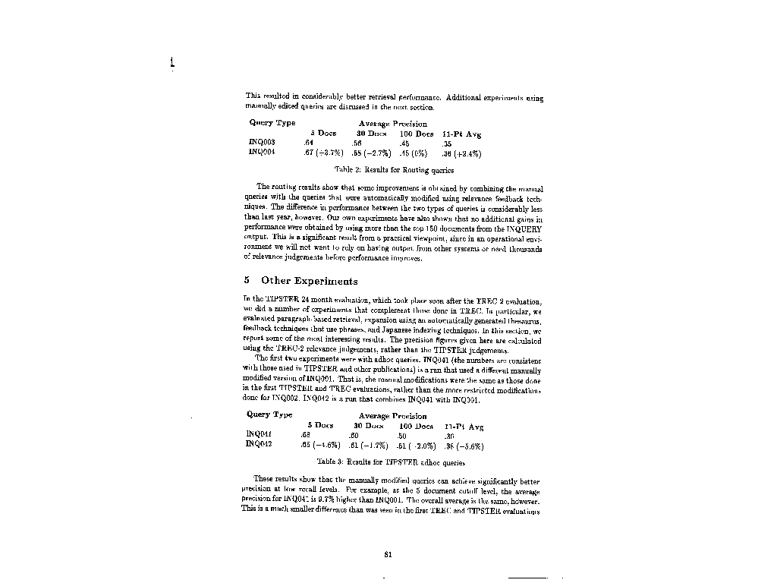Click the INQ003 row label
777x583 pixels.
(x=262, y=142)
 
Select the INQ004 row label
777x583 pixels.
(x=262, y=152)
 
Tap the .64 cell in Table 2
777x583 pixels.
(x=309, y=142)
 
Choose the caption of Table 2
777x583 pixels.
(x=394, y=171)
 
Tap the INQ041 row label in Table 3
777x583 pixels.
(x=260, y=435)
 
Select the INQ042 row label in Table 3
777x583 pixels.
(x=260, y=445)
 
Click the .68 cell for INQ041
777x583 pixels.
(x=306, y=435)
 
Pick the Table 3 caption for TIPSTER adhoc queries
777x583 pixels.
(x=389, y=462)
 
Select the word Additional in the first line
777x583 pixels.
(x=466, y=97)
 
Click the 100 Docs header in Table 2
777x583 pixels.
(x=417, y=133)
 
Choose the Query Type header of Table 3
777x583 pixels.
(x=269, y=415)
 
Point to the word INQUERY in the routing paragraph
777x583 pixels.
(x=524, y=228)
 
